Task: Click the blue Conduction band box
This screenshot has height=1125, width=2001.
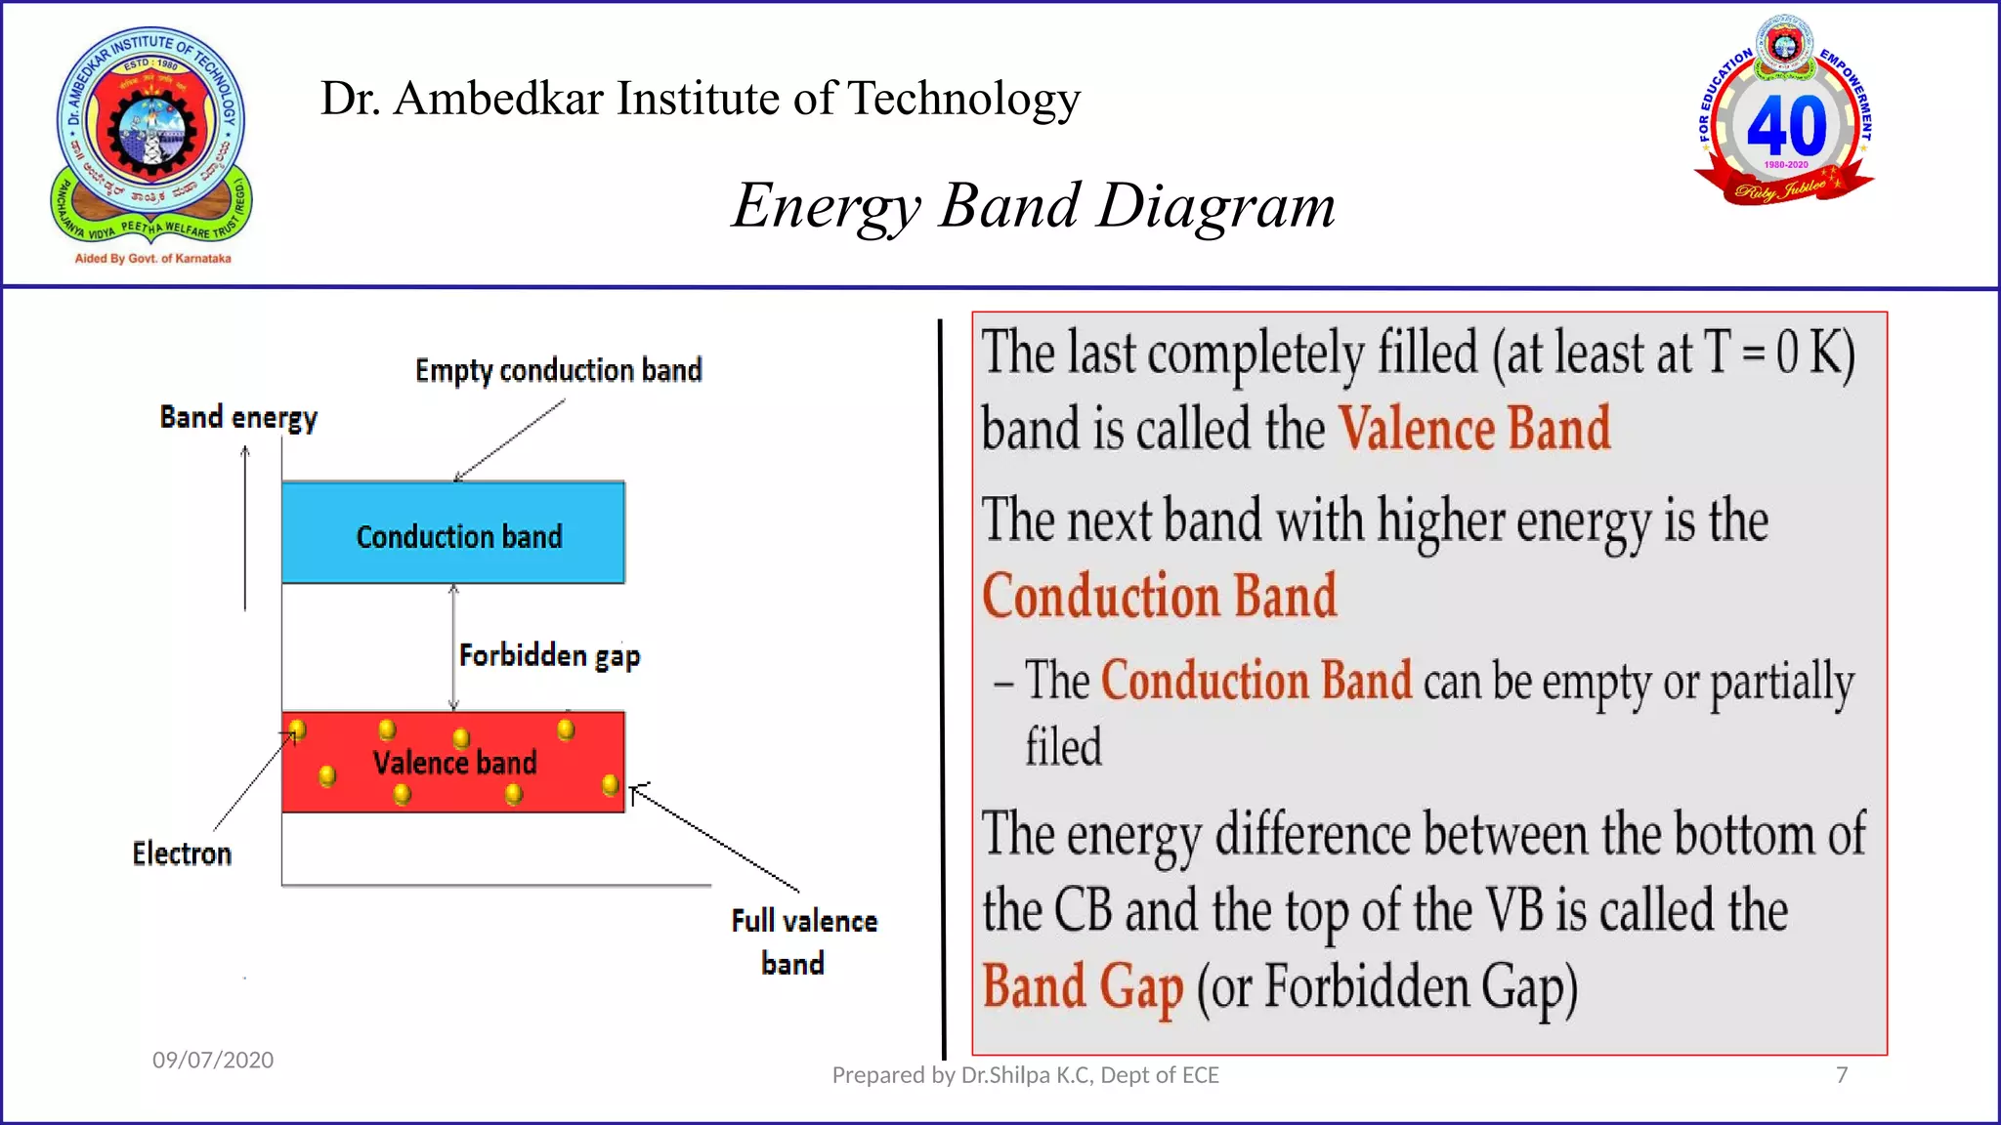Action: coord(453,533)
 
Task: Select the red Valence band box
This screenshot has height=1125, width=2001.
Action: coord(453,763)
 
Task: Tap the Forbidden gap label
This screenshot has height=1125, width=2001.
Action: coord(549,655)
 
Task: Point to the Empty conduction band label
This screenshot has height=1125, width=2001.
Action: coord(558,371)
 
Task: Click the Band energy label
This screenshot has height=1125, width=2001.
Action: coord(238,418)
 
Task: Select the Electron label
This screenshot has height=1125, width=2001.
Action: coord(182,854)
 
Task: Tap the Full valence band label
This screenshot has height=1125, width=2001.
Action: coord(803,941)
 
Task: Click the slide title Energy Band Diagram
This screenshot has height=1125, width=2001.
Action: coord(1033,206)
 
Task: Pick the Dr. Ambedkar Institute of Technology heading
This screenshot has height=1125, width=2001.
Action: coord(700,99)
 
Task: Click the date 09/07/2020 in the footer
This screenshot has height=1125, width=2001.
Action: coord(213,1061)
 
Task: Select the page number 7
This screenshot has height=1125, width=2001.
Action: coord(1842,1075)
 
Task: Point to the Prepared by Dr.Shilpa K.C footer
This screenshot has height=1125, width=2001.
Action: coord(1025,1075)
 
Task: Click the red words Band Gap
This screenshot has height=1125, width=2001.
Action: coord(1083,986)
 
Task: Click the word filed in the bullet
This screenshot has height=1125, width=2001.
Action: coord(1063,747)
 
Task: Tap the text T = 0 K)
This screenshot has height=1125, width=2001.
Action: coord(1778,354)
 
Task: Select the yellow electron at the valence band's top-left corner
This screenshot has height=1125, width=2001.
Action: coord(298,729)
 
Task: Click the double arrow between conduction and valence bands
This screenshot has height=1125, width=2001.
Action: coord(453,646)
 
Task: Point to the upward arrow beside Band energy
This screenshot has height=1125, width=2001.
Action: coord(245,527)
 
